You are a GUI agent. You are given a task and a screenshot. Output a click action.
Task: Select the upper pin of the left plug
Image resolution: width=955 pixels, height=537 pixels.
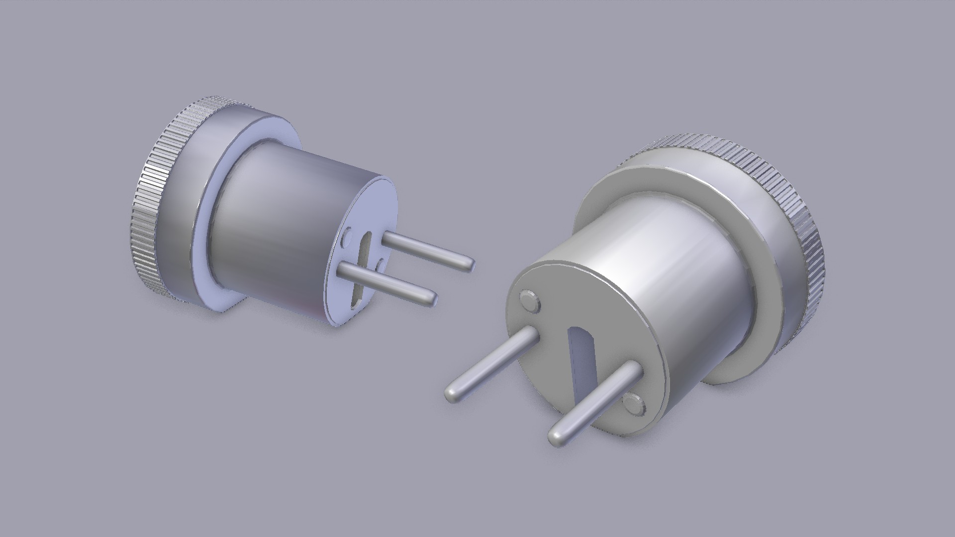pyautogui.click(x=423, y=252)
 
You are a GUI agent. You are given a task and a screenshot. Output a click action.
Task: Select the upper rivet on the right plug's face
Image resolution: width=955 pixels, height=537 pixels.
pyautogui.click(x=530, y=302)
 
